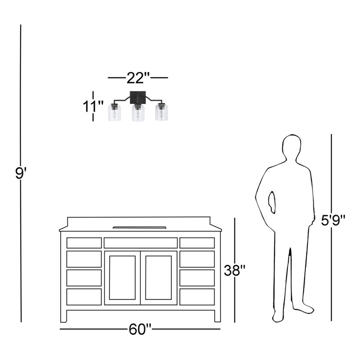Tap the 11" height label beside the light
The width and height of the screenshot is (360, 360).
93,106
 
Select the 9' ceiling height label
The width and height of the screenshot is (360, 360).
21,173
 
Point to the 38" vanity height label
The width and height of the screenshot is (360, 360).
235,270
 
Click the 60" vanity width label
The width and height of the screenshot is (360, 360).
140,329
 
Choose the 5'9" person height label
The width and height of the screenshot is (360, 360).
333,220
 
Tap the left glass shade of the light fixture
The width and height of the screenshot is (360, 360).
114,112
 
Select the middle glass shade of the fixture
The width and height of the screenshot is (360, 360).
138,113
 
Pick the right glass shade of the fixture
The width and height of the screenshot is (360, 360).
162,112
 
